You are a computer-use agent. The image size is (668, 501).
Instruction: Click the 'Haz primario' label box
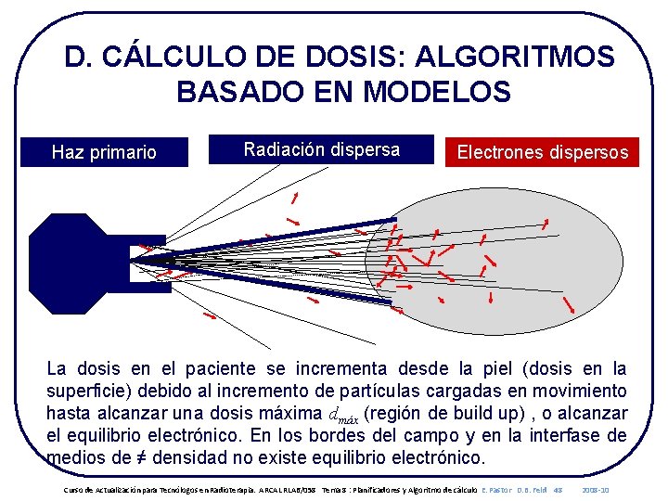pos(104,152)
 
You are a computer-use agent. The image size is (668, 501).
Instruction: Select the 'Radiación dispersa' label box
pos(321,149)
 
